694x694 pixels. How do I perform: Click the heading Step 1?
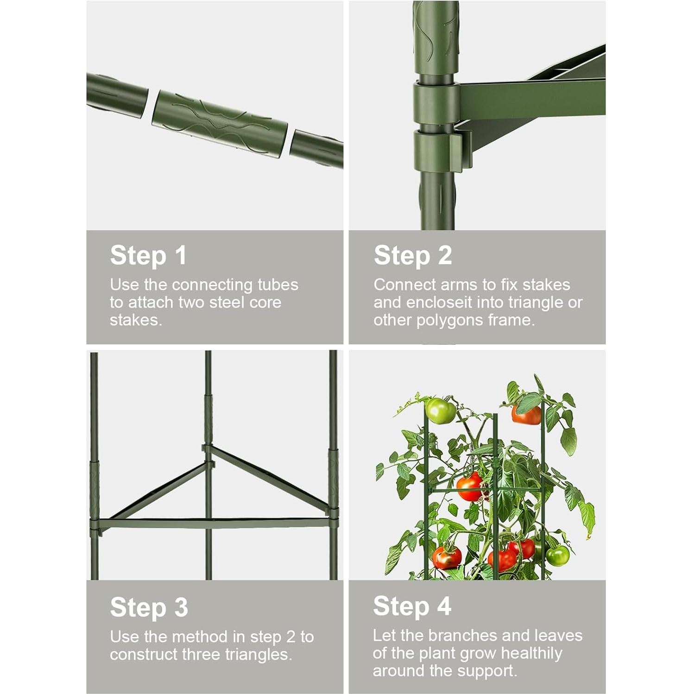148,255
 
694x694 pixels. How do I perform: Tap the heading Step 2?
412,255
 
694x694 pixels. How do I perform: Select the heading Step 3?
149,607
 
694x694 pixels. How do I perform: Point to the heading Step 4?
412,606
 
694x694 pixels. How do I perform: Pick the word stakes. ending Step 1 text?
136,320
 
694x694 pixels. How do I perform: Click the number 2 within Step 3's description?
290,637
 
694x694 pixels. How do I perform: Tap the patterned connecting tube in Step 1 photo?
220,120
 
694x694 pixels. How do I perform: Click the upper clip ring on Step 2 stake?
435,102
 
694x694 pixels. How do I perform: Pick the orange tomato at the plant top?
527,414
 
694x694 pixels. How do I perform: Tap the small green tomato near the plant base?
557,554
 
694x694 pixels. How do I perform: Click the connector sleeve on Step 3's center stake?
208,419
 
